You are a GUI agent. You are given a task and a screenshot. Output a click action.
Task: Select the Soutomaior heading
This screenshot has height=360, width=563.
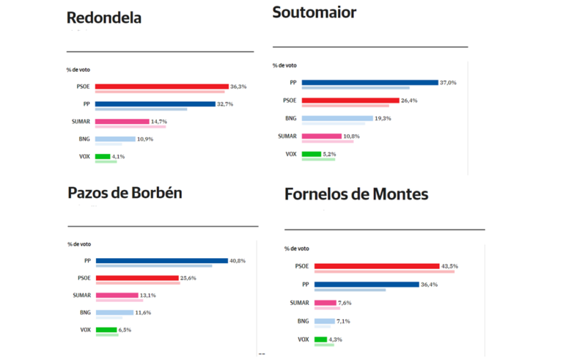point(314,12)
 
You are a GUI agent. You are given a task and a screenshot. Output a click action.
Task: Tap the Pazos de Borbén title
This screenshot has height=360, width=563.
point(125,193)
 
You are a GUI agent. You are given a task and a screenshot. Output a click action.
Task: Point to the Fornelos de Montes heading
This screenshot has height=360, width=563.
point(356,195)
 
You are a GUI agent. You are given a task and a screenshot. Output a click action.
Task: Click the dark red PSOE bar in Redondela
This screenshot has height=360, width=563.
point(161,87)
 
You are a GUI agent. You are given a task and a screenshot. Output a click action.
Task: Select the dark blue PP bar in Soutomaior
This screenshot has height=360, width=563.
point(369,82)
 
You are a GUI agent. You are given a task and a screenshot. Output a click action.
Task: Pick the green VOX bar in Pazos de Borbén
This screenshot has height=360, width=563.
point(106,330)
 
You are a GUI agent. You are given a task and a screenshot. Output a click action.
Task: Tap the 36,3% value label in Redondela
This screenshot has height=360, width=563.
point(238,87)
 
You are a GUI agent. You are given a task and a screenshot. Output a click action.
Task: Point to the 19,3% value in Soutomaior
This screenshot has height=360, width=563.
point(383,118)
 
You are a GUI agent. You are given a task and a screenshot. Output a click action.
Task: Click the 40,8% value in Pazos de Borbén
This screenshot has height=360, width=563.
point(238,260)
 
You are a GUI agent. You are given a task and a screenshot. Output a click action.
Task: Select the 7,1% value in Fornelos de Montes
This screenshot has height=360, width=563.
point(344,321)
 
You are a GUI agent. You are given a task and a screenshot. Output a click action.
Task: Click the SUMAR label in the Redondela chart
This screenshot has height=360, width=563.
point(79,122)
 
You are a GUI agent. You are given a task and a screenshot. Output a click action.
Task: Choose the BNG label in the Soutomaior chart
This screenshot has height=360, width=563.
point(290,118)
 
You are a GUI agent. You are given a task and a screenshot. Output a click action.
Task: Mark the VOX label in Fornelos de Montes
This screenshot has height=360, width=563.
point(303,339)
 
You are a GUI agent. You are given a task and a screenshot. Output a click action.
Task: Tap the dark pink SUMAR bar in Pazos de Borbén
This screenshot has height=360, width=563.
point(117,295)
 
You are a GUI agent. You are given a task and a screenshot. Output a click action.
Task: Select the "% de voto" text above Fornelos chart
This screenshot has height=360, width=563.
point(297,249)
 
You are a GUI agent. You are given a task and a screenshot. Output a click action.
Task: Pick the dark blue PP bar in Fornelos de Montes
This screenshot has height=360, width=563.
point(366,284)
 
